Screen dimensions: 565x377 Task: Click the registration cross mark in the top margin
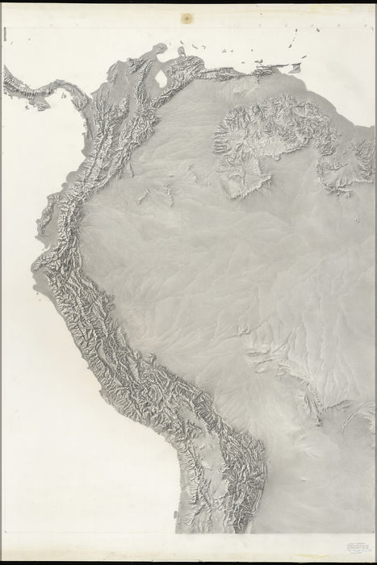[187, 16]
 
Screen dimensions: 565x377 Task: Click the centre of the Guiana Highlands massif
[266, 141]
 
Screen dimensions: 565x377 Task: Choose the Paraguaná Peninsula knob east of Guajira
[181, 53]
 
